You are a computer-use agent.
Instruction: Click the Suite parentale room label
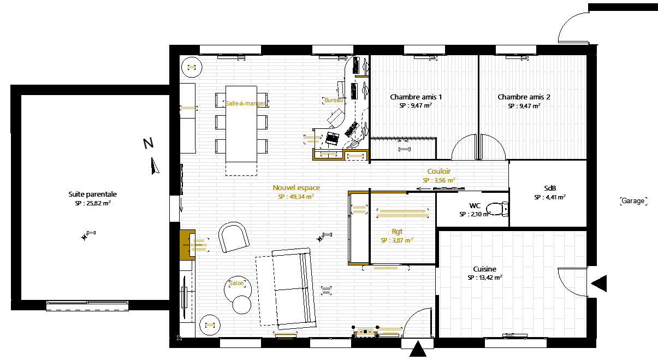pos(92,194)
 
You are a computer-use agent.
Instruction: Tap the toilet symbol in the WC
pos(497,209)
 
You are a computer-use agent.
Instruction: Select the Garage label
pos(633,201)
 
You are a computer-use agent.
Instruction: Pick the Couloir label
pos(439,172)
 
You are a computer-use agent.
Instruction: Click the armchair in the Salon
pos(234,237)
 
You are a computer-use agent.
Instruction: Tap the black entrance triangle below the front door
pos(418,349)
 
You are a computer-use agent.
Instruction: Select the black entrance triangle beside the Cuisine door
pos(599,284)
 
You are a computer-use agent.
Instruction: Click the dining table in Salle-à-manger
pos(241,123)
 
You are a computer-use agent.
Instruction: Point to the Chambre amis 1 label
pos(416,97)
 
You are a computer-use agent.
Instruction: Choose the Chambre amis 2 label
pos(524,97)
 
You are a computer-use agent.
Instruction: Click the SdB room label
pos(550,188)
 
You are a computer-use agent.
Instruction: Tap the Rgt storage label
pos(397,232)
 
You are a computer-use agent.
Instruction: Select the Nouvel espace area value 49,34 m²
pos(296,197)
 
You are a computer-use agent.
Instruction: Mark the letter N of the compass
pos(149,143)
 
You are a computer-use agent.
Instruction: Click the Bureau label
pos(334,100)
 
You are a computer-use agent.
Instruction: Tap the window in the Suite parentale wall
pos(87,305)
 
